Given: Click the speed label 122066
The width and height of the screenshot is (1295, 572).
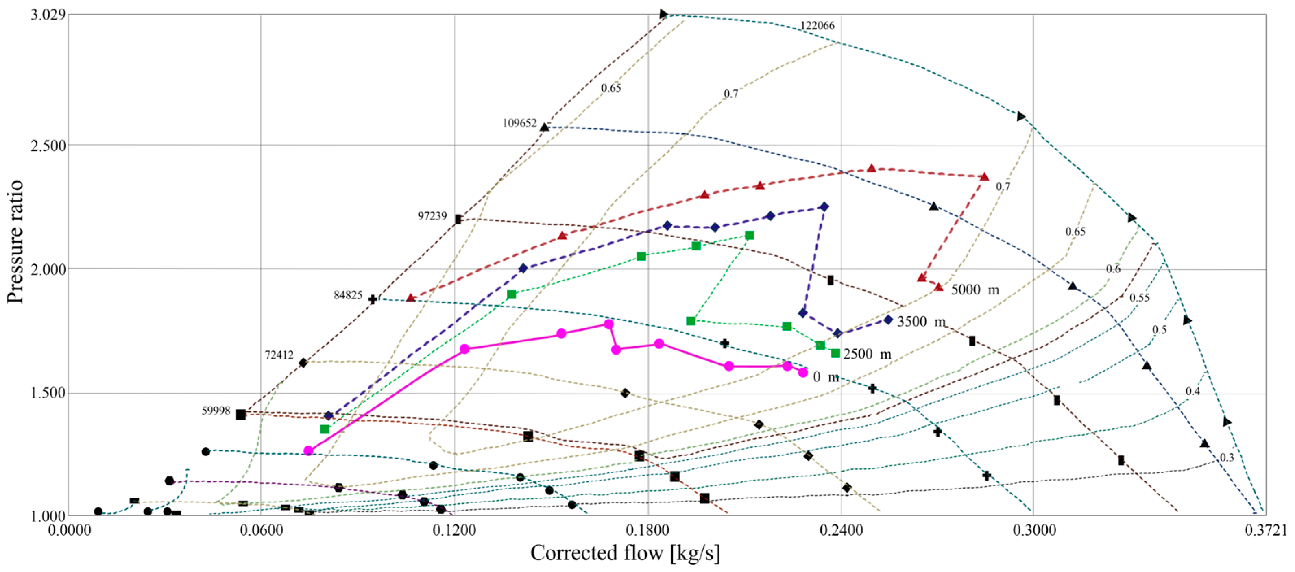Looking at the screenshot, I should point(817,25).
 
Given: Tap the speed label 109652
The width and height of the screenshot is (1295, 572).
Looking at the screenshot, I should point(519,123).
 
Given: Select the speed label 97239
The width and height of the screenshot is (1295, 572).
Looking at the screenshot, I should point(432,216).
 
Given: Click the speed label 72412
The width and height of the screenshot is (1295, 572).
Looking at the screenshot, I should point(279,355).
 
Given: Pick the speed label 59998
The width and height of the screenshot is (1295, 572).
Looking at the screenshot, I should point(216,411).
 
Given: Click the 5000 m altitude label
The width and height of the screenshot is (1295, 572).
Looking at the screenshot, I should point(975,289).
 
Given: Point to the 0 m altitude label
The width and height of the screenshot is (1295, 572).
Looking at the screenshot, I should point(826,376).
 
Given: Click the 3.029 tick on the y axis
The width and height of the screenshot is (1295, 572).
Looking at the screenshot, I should point(48,15).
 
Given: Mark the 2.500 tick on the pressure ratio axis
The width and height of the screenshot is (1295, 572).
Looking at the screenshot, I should point(48,146).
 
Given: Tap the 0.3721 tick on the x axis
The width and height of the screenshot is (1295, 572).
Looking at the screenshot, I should point(1266,530).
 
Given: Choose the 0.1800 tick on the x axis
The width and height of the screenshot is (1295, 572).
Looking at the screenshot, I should point(648,530).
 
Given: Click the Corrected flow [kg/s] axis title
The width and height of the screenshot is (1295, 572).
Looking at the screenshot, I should point(625,553).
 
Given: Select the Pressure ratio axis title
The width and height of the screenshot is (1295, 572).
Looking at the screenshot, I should point(15,241).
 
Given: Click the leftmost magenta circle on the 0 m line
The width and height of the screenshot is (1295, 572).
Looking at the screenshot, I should point(309,451).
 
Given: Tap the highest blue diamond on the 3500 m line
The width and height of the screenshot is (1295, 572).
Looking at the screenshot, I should point(824,207).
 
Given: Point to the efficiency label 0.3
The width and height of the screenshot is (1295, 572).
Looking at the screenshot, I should point(1227,457).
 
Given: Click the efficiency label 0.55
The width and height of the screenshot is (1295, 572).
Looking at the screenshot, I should point(1139,298).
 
